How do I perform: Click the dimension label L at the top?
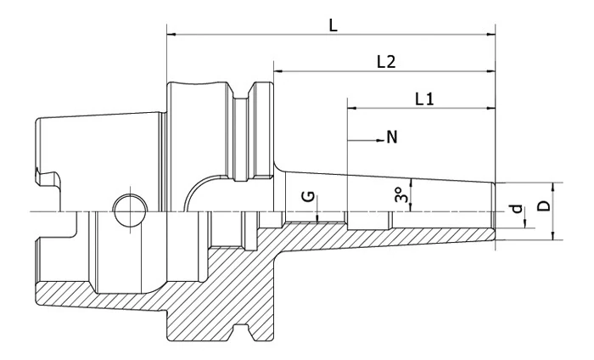coord(333,25)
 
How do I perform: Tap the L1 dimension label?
coord(424,99)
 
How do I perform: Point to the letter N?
coord(392,137)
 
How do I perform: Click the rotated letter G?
coord(310,196)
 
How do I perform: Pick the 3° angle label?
coord(401,196)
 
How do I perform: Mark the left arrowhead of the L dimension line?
coord(171,35)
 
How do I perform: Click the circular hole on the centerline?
coord(127,210)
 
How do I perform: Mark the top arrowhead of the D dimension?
coord(552,186)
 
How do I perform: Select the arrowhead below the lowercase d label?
coord(525,224)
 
